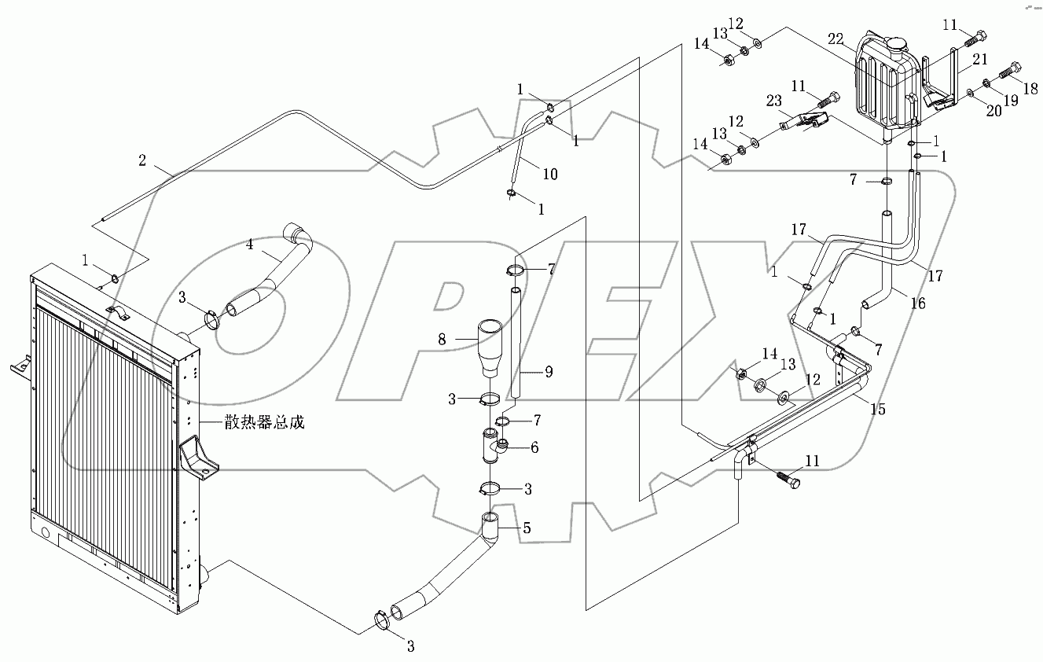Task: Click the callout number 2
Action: coord(142,160)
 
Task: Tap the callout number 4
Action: coord(249,244)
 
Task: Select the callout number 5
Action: coord(525,528)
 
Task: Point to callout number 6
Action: coord(534,447)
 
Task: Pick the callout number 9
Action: coord(549,371)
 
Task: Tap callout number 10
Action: coord(550,174)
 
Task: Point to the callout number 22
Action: coord(836,38)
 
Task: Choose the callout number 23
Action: coord(774,100)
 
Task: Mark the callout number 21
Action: coord(979,59)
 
